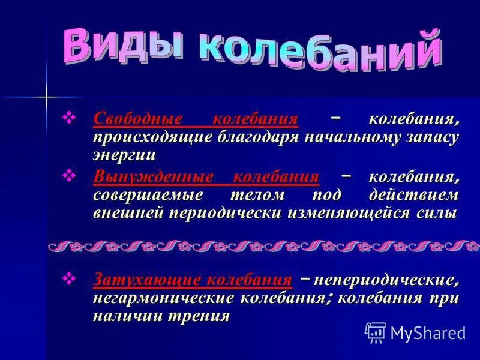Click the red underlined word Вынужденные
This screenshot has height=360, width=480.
coord(154,177)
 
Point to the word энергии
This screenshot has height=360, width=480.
coord(124,154)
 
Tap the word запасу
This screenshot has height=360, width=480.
coord(432,137)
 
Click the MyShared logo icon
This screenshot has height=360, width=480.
coord(376,332)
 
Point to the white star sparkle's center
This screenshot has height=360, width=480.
coord(46,95)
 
